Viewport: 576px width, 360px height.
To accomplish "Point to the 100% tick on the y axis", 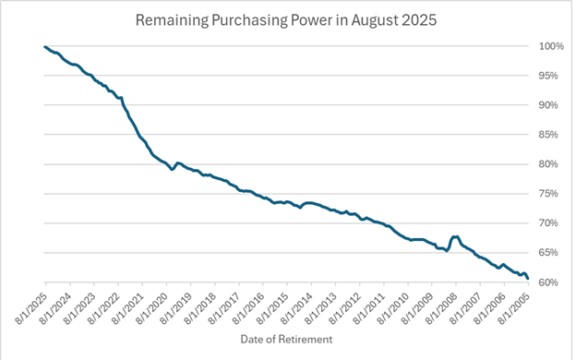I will tap(552, 46).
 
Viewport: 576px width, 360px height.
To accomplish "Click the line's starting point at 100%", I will tap(44, 47).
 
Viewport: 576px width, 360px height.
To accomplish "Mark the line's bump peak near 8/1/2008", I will tap(454, 237).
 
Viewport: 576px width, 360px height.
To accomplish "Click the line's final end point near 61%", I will tap(527, 278).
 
